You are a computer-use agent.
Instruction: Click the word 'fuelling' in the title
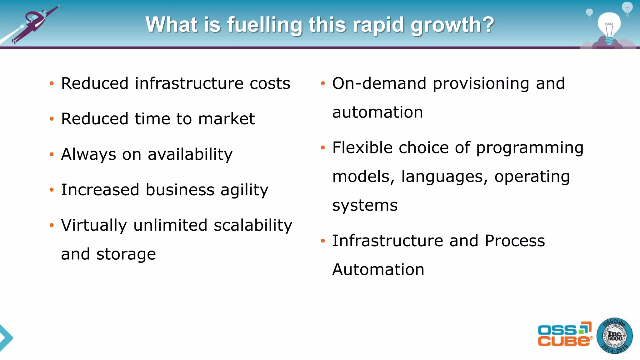[x=264, y=25]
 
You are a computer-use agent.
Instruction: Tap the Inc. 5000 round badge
[x=614, y=336]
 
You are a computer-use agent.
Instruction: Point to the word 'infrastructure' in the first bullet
[x=189, y=84]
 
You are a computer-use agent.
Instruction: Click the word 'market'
[x=227, y=119]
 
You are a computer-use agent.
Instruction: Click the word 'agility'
[x=244, y=190]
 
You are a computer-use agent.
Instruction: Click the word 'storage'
[x=126, y=254]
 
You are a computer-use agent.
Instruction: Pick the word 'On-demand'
[x=379, y=84]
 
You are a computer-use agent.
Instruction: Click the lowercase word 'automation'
[x=377, y=112]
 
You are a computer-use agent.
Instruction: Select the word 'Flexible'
[x=362, y=147]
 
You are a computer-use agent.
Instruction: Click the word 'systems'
[x=365, y=206]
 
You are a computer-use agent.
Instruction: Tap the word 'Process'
[x=515, y=241]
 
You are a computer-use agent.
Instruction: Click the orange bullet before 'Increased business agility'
[x=52, y=190]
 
